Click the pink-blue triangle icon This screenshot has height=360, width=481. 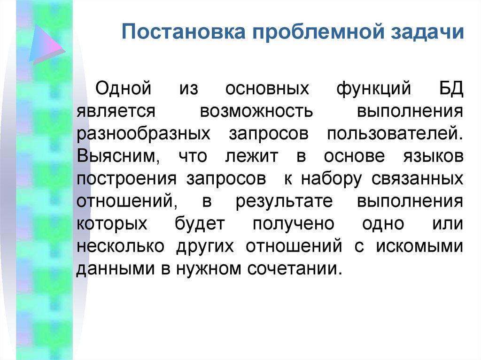46,45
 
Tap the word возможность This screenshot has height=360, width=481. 256,111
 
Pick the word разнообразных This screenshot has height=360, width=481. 144,133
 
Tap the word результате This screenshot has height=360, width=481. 285,201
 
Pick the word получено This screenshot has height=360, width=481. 293,223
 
